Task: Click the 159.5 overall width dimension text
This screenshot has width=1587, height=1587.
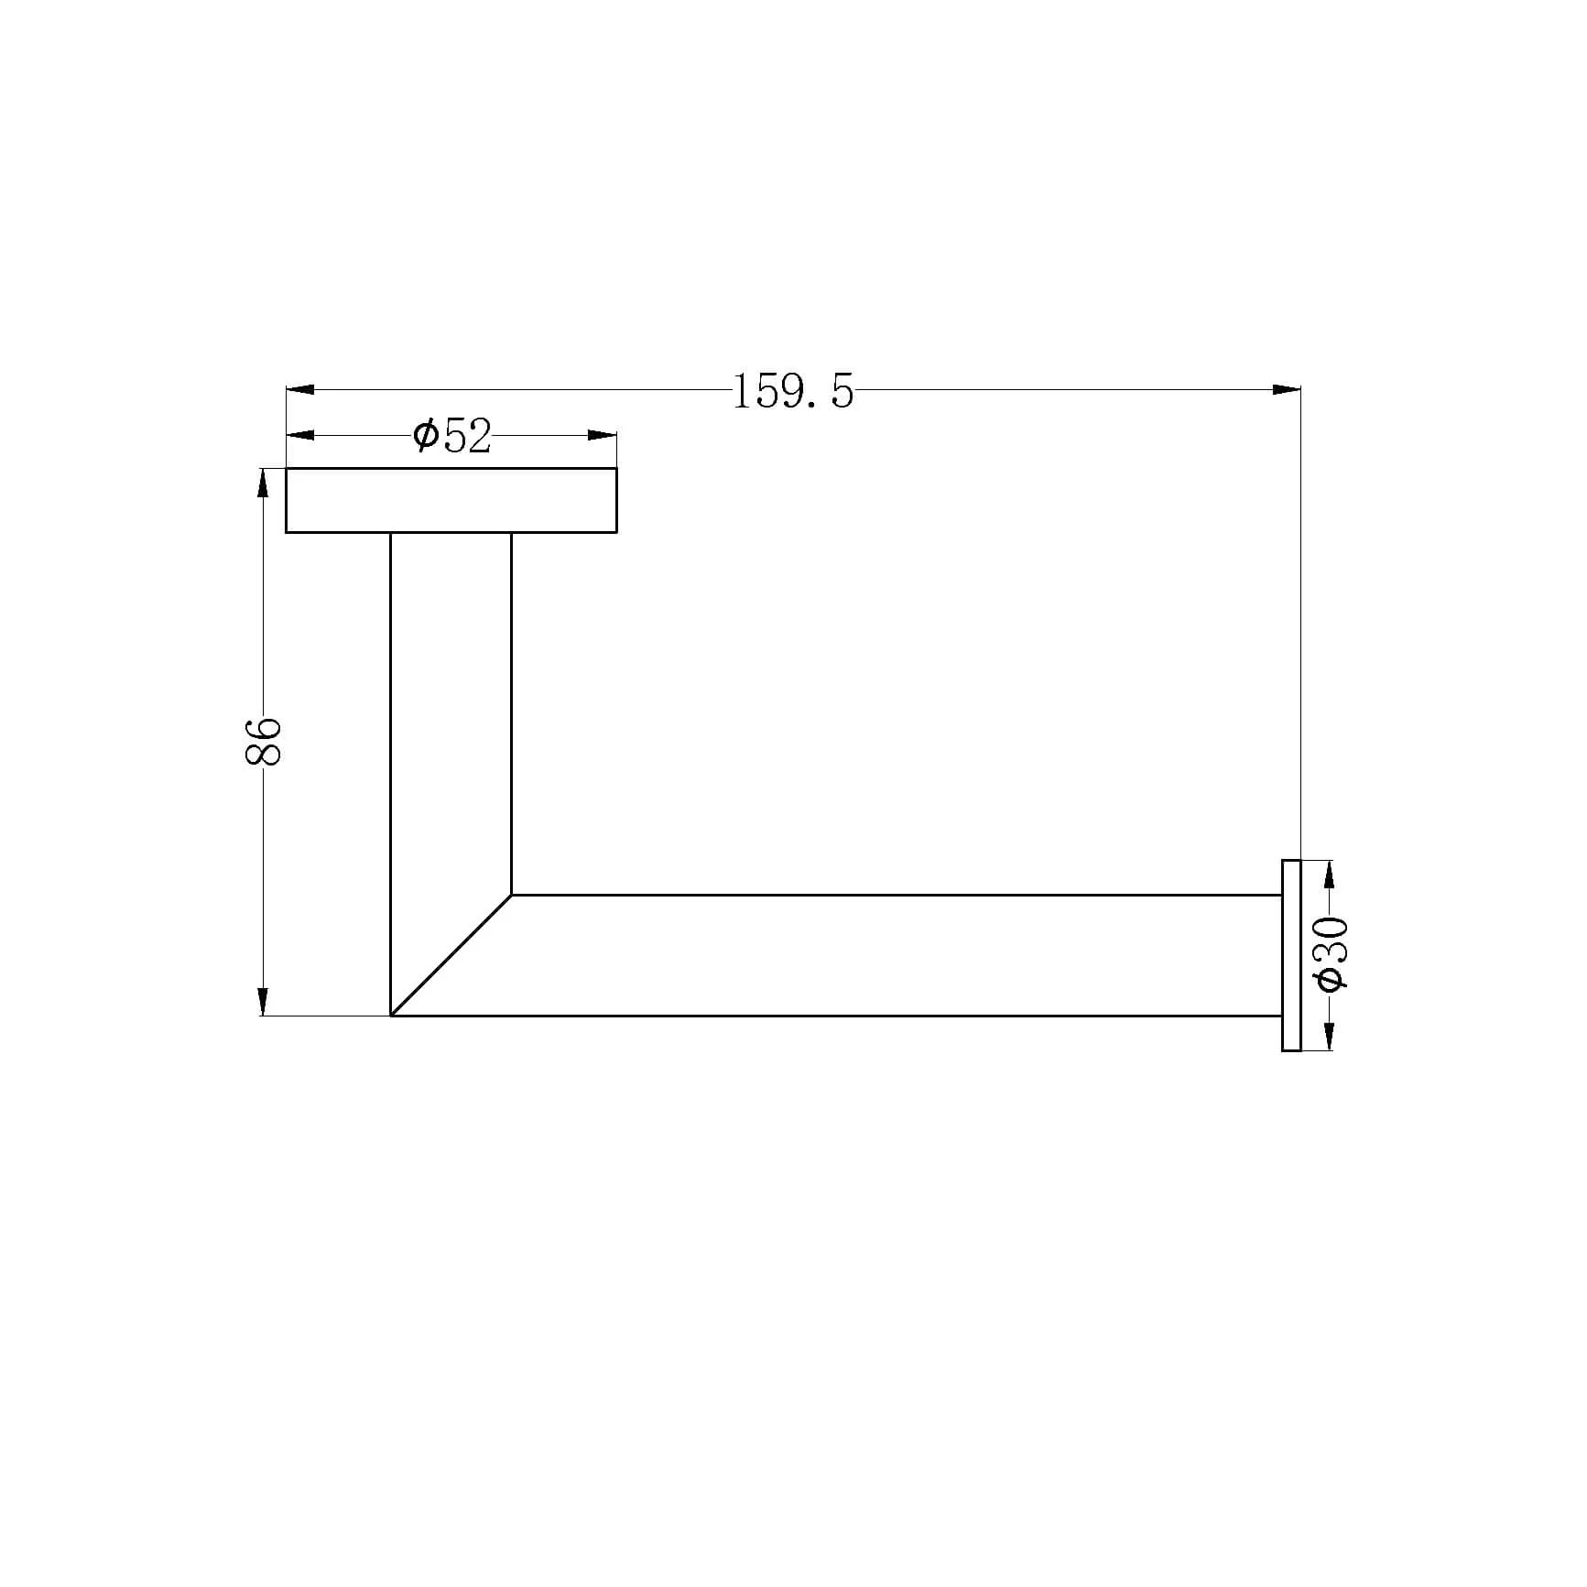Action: (x=793, y=392)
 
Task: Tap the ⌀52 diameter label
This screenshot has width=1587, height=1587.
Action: (x=451, y=436)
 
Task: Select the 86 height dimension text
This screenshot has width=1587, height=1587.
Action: (x=264, y=740)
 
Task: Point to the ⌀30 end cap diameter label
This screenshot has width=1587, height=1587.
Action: (x=1331, y=953)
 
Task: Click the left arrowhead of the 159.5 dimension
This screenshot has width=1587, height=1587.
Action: (x=300, y=390)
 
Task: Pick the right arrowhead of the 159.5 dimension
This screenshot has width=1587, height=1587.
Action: (x=1287, y=390)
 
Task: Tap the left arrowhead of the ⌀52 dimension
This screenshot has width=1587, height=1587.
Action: (x=300, y=435)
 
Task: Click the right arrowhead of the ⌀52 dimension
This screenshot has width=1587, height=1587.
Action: (x=603, y=435)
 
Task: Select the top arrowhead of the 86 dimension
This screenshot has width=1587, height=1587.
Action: (x=264, y=483)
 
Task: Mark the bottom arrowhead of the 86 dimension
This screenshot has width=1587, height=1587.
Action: (x=264, y=1001)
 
